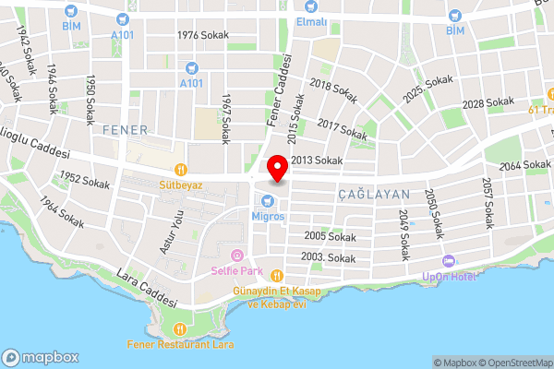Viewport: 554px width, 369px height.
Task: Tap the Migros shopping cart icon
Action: coord(273,201)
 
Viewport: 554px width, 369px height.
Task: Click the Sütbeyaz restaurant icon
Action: coord(182,170)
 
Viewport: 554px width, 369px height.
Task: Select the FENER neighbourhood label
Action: coord(126,127)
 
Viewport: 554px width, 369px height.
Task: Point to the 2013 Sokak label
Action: coord(317,161)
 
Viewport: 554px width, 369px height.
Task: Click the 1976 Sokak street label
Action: coord(202,35)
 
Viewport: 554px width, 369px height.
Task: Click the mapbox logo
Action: coord(41,356)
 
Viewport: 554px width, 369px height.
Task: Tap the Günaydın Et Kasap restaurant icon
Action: coord(275,274)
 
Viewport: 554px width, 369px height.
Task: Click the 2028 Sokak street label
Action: coord(488,102)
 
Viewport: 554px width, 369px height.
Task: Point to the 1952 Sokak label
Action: coord(85,181)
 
